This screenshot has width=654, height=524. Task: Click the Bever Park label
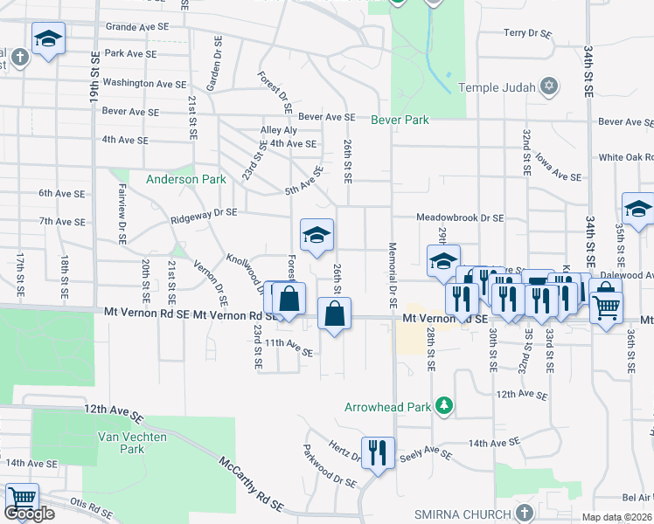pos(400,120)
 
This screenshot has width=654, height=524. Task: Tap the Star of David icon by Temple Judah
pos(548,86)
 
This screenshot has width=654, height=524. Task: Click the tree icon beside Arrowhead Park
pos(445,406)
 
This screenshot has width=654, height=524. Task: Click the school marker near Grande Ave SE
pos(48,38)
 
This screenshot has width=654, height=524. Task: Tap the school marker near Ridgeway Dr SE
pos(317,234)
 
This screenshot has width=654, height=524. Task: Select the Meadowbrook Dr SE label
pos(460,218)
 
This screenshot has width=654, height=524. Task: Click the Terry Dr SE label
pos(527,33)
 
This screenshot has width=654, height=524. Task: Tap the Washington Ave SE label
pos(144,84)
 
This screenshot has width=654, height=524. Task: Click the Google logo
pos(29,514)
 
